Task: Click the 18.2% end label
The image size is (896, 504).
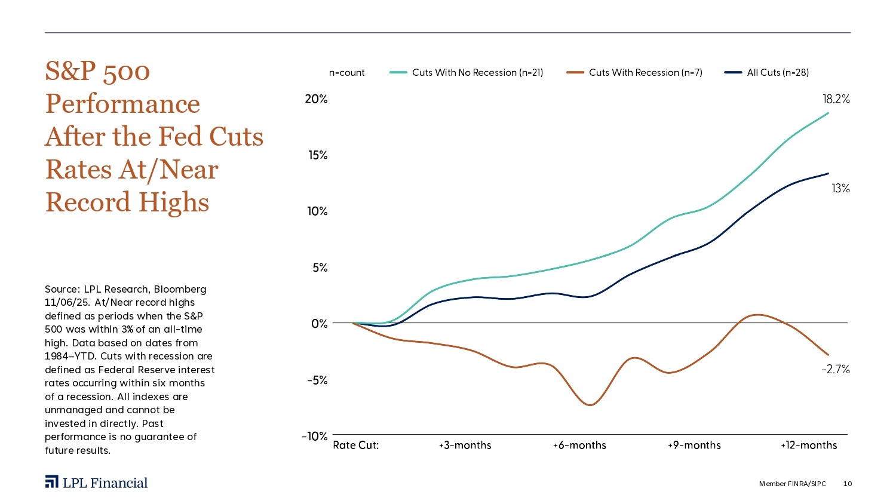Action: click(836, 100)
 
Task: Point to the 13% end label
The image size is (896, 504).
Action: click(840, 189)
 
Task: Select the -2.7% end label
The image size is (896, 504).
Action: click(835, 370)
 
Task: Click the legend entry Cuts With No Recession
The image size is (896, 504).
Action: click(477, 73)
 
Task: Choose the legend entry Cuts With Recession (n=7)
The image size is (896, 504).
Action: click(645, 73)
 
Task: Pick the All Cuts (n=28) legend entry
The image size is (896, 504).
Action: click(778, 73)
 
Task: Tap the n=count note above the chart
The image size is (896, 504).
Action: click(346, 73)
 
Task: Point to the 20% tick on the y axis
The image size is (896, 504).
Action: click(316, 99)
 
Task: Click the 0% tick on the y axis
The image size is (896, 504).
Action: click(320, 324)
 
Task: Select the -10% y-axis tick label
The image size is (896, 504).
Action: click(314, 437)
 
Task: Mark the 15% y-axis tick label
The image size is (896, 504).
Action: click(318, 155)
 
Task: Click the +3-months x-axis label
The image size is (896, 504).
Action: click(465, 445)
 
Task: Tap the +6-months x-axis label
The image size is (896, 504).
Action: click(579, 445)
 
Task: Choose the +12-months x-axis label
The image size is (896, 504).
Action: click(809, 445)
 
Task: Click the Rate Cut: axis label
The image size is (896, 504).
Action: click(356, 445)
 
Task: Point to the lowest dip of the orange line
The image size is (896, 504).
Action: click(590, 405)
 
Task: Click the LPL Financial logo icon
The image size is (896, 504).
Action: click(51, 483)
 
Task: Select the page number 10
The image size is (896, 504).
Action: click(848, 484)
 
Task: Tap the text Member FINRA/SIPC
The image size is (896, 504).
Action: click(792, 484)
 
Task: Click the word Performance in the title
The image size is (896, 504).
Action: click(122, 104)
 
